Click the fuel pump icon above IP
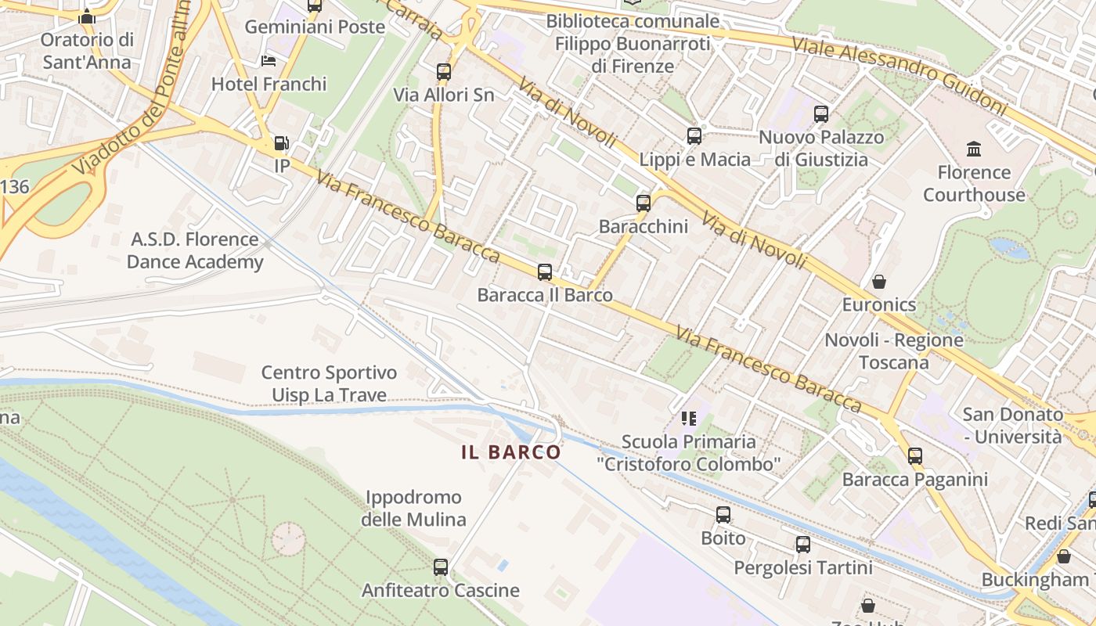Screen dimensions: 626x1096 click(x=281, y=143)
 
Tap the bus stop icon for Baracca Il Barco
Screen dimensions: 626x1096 click(x=545, y=272)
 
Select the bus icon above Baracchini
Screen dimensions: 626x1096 click(x=644, y=203)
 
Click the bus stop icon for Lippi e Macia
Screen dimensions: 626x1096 click(x=694, y=136)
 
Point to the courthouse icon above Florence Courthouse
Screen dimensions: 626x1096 click(x=974, y=149)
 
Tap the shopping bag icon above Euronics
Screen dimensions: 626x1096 click(x=879, y=282)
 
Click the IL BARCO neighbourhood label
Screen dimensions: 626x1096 click(x=511, y=452)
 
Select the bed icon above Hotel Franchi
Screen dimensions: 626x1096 click(x=269, y=61)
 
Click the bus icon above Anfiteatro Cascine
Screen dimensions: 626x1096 click(x=441, y=567)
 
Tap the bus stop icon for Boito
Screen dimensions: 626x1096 click(x=723, y=515)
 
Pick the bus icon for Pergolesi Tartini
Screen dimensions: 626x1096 click(x=803, y=545)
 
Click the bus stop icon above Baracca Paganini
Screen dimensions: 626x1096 click(x=915, y=456)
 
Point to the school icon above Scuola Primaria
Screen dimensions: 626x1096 click(x=689, y=419)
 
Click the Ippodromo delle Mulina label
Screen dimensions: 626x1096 click(x=413, y=508)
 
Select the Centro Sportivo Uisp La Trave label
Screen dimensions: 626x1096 click(x=329, y=383)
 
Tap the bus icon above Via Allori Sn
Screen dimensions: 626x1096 click(x=444, y=72)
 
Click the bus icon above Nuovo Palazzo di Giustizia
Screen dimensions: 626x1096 click(x=821, y=114)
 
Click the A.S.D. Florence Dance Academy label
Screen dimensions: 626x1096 click(x=195, y=250)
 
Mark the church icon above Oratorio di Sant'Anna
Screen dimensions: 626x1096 click(x=87, y=17)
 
